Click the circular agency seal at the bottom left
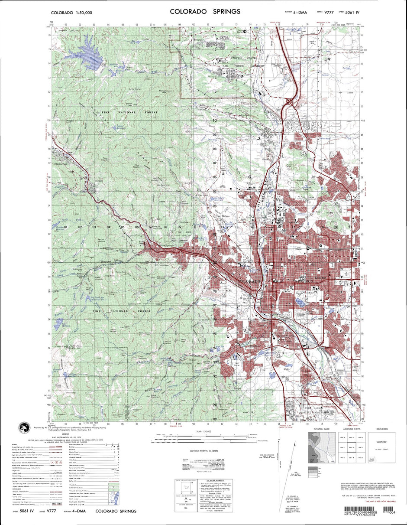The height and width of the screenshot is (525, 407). click(x=25, y=428)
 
